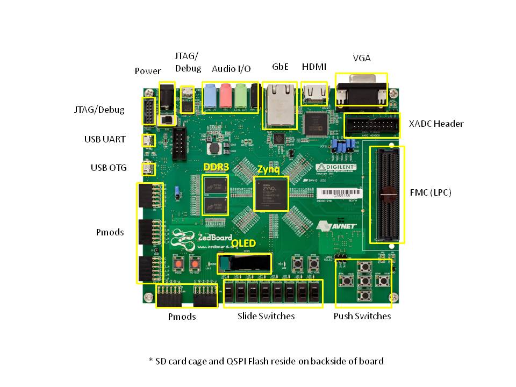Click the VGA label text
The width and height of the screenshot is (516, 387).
coord(362,58)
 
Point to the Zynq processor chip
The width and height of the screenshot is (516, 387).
coord(271,193)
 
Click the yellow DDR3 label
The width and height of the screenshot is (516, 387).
coord(216,167)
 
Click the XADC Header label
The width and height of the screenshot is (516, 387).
coord(436,124)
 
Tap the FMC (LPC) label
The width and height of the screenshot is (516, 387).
coord(431,192)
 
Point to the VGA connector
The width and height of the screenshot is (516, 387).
coord(361,90)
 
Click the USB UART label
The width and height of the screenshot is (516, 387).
coord(105,139)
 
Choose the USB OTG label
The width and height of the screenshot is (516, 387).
coord(109,168)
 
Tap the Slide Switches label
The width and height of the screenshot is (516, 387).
coord(266,316)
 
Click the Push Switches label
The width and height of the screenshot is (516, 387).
coord(362,316)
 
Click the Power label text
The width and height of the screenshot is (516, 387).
coord(148,71)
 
